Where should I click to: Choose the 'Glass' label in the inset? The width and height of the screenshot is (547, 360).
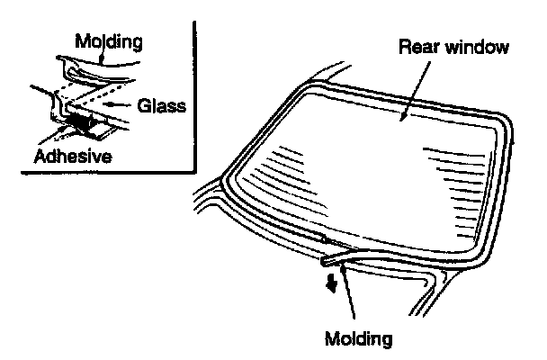tap(161, 105)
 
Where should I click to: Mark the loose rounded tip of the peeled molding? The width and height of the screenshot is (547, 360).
tap(326, 262)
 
